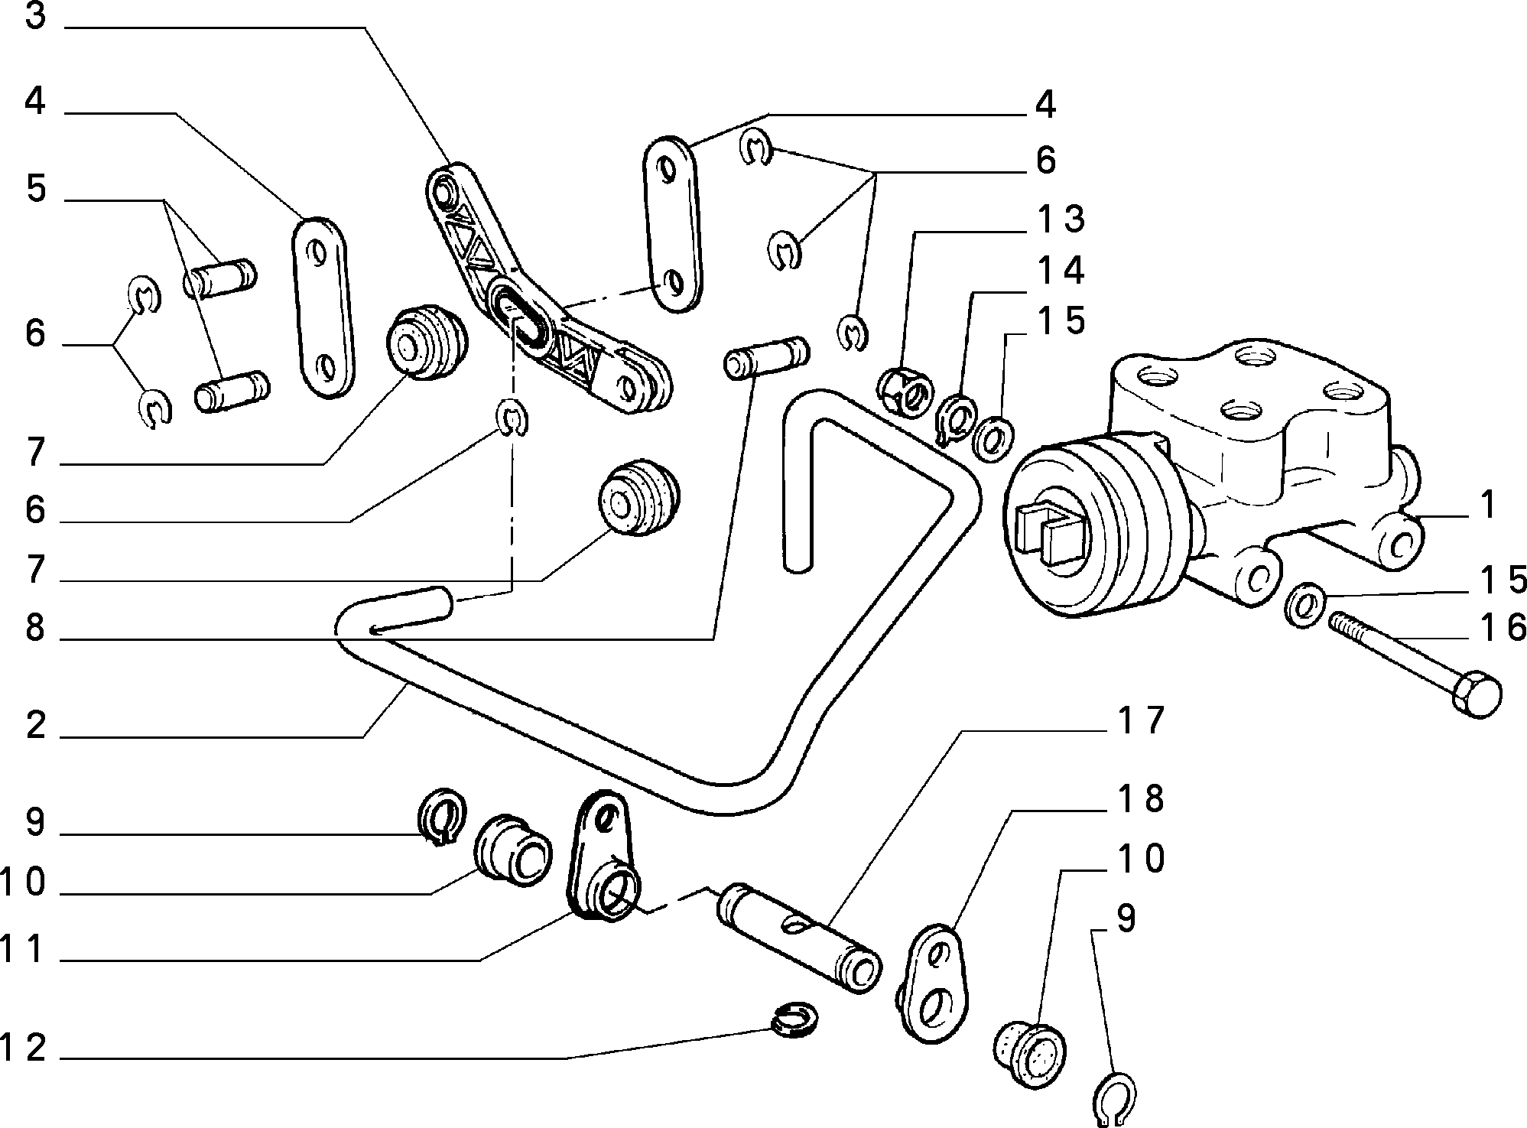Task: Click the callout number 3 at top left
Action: (x=36, y=17)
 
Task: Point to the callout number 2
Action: (x=36, y=725)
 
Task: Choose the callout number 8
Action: (x=36, y=628)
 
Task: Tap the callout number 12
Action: (x=23, y=1047)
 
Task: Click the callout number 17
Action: (x=1139, y=721)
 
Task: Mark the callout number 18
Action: (x=1139, y=798)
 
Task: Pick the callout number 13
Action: (x=1061, y=219)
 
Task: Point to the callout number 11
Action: (x=23, y=951)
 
